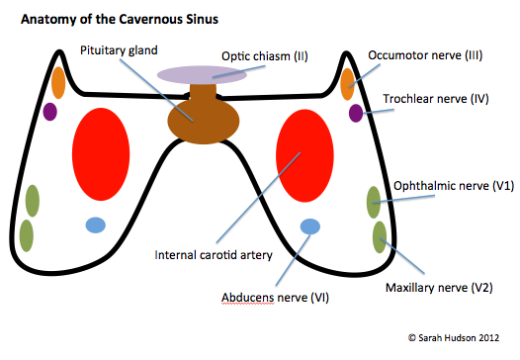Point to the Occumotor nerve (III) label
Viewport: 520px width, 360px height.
tap(425, 54)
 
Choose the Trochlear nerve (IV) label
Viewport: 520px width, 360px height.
tap(435, 99)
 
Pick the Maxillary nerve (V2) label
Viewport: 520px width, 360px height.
tap(438, 290)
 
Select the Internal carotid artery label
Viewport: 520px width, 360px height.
tap(214, 254)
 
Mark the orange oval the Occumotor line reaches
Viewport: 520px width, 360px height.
tap(348, 83)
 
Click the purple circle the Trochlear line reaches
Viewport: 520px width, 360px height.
tap(356, 113)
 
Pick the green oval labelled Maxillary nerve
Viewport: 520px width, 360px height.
tap(380, 237)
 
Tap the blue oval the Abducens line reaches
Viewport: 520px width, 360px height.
tap(310, 225)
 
